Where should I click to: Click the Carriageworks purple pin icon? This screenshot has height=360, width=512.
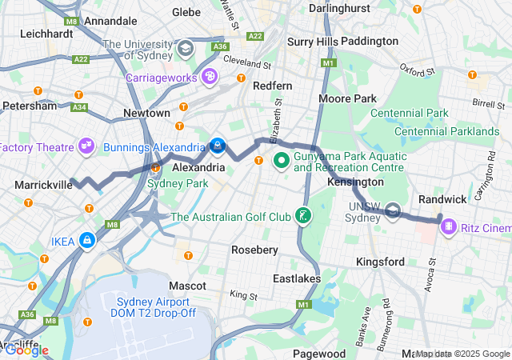[210, 77]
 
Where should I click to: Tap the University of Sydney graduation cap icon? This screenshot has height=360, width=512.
[186, 50]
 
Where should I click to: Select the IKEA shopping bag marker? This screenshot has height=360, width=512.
[86, 240]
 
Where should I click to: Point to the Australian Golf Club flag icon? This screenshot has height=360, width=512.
[303, 216]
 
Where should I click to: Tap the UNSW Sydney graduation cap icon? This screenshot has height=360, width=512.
[393, 211]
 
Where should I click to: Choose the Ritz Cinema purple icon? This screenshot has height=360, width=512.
[449, 227]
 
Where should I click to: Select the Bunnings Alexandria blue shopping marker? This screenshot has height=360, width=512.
[217, 146]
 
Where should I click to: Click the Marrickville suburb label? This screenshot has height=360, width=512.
[43, 185]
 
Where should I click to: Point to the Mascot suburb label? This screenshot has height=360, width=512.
[188, 285]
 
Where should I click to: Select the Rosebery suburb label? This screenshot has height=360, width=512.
[254, 250]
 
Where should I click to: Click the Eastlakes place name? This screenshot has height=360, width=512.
[297, 278]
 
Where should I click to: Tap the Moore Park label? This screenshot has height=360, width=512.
[347, 98]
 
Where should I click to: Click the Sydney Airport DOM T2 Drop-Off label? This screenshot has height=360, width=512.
[154, 307]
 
